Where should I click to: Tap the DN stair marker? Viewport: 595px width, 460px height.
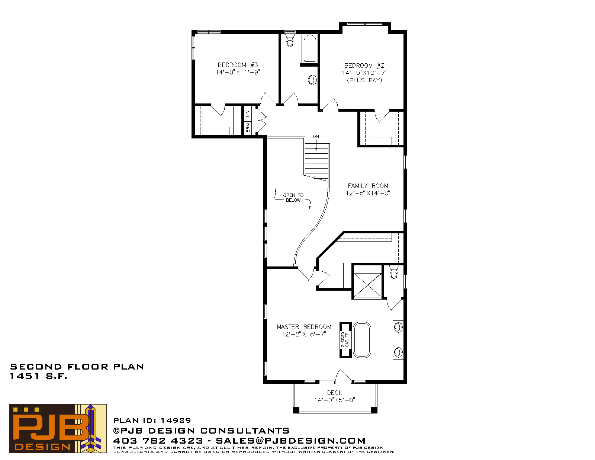point(316,137)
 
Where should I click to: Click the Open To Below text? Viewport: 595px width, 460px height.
point(293,198)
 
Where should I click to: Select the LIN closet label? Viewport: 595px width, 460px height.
point(248,114)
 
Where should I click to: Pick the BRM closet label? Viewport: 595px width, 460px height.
point(248,128)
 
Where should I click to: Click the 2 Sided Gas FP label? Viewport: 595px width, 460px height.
point(345,340)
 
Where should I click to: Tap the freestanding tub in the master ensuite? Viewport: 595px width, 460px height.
point(362,340)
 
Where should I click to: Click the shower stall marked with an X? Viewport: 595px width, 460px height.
point(368,285)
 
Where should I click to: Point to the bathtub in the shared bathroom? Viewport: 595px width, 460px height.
point(310,48)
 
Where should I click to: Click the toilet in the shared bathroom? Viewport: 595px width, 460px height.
point(290,39)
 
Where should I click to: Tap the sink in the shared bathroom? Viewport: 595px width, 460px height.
point(312,80)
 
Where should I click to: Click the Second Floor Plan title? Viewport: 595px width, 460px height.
point(77,367)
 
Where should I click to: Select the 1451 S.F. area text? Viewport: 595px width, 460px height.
point(38,376)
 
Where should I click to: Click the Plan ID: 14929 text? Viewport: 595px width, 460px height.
point(152,421)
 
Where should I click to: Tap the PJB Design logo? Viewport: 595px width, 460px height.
point(58,428)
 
